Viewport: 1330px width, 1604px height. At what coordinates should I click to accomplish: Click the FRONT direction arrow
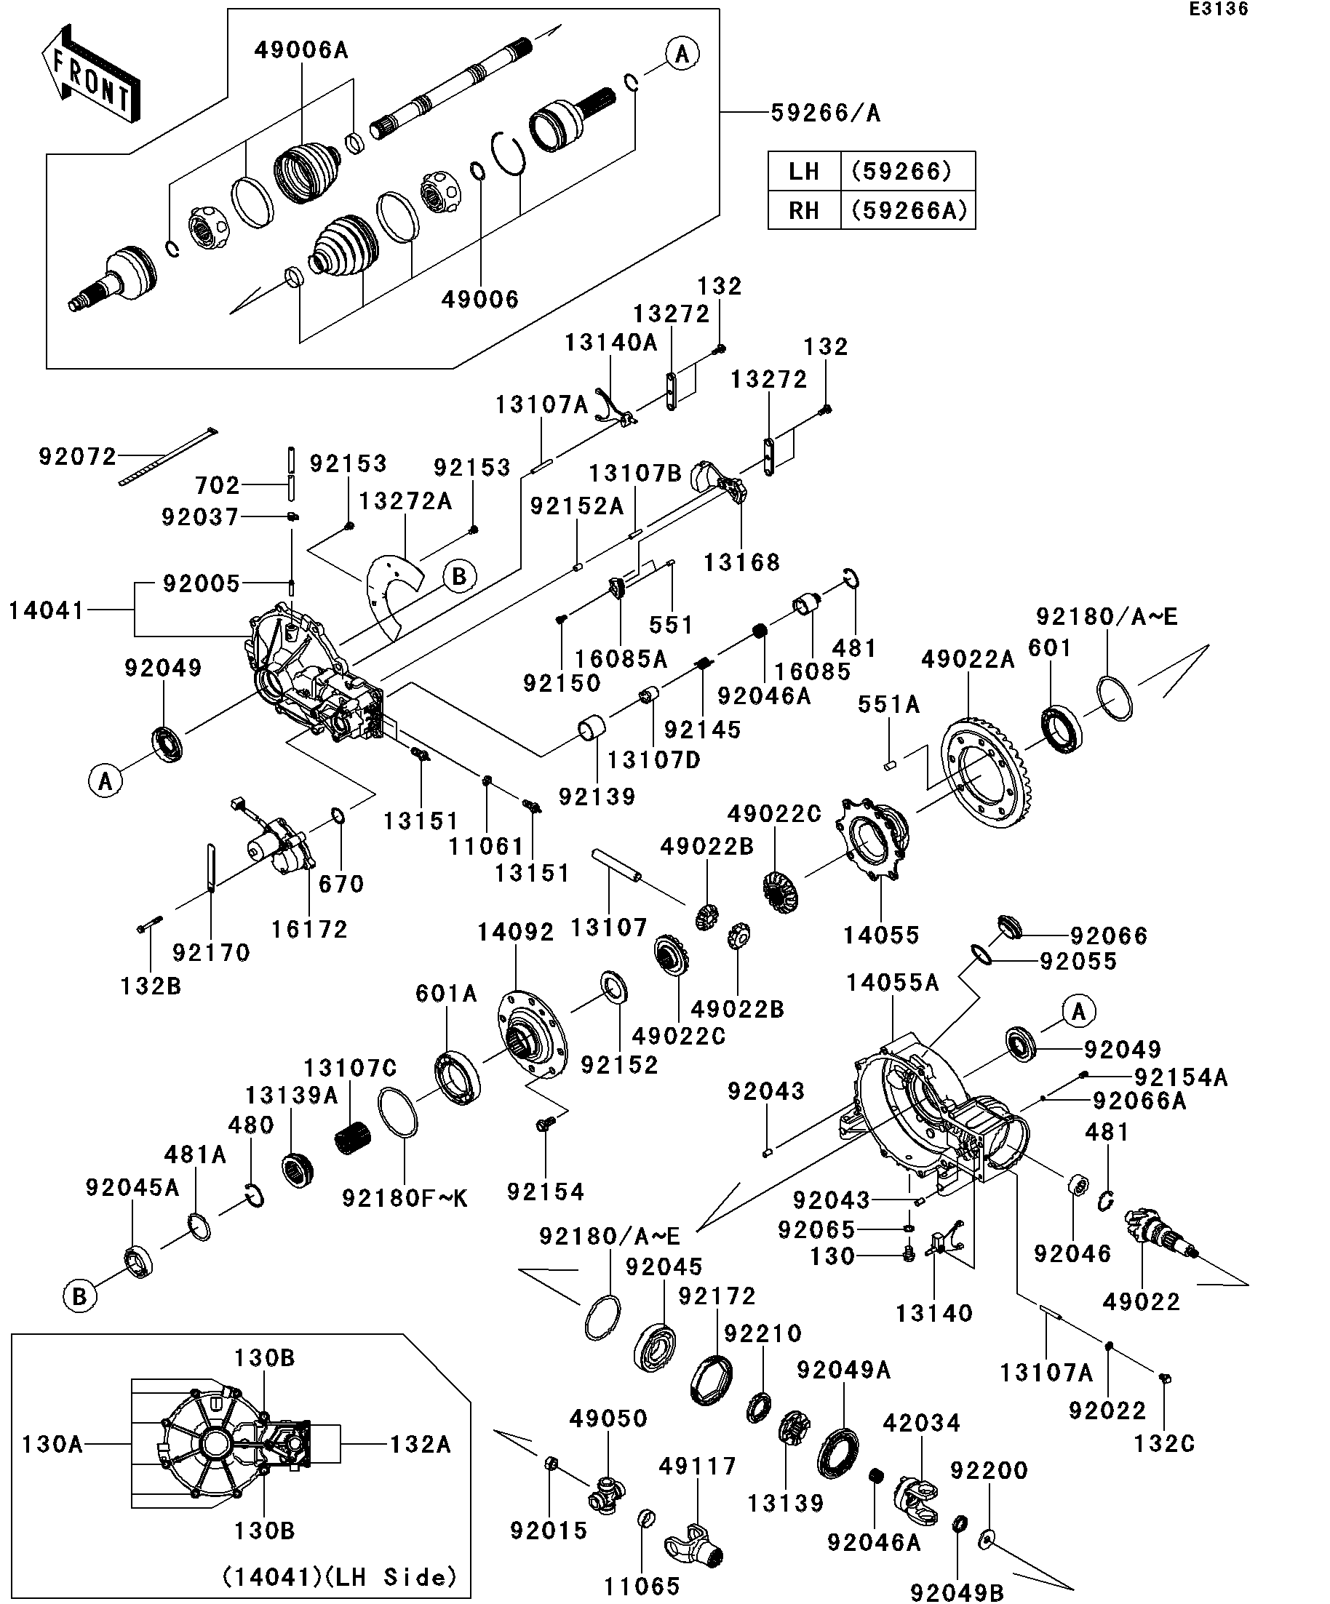click(x=90, y=73)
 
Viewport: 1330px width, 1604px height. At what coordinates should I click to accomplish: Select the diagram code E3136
click(x=1218, y=9)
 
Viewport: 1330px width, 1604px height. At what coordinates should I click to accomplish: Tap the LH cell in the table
click(x=804, y=171)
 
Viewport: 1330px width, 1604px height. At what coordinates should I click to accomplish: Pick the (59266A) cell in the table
click(x=908, y=210)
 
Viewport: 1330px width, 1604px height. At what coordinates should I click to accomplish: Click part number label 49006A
click(x=301, y=50)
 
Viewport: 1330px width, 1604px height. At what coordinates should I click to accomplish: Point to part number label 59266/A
click(x=825, y=113)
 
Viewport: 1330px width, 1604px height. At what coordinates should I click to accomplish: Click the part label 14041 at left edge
click(x=46, y=610)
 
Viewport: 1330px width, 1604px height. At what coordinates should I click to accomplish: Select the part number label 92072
click(x=77, y=457)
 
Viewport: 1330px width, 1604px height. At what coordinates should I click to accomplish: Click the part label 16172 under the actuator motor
click(x=309, y=930)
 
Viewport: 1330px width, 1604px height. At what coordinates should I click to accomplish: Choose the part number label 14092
click(x=516, y=932)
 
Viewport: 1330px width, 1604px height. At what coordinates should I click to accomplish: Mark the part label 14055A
click(x=892, y=982)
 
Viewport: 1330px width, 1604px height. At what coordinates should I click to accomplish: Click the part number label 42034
click(x=921, y=1423)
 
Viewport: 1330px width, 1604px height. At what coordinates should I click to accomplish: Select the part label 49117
click(x=698, y=1466)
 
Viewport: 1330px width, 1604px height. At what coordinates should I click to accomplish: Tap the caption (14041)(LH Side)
click(x=339, y=1577)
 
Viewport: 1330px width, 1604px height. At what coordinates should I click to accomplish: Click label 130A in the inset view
click(x=52, y=1445)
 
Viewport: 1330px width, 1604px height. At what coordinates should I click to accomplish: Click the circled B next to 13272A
click(x=459, y=577)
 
